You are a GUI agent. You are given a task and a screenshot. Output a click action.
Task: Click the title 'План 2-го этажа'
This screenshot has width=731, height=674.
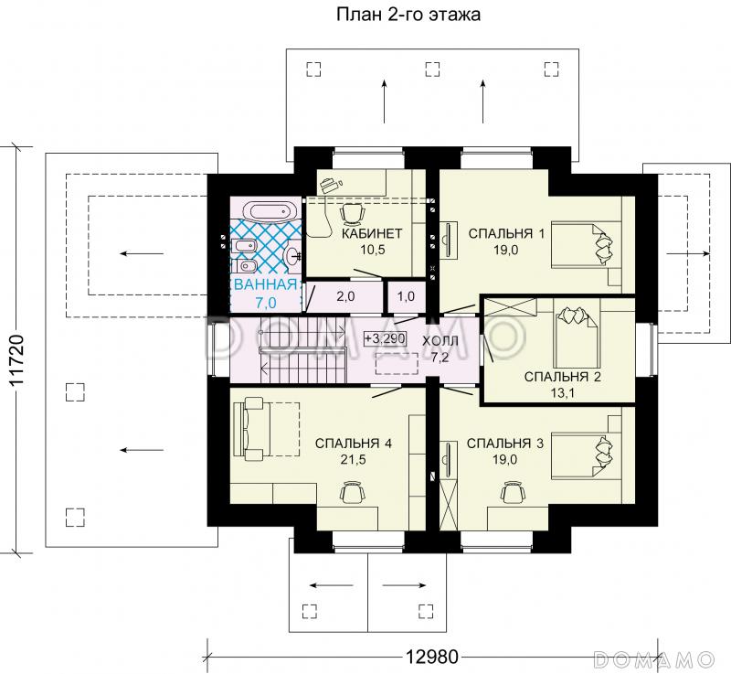(408, 15)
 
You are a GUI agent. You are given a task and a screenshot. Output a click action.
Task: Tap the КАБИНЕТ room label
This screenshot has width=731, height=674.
(372, 233)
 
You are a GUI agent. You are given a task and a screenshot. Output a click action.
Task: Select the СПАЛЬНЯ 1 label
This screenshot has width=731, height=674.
(506, 233)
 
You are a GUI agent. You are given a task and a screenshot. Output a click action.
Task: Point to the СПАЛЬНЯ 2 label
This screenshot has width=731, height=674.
(562, 377)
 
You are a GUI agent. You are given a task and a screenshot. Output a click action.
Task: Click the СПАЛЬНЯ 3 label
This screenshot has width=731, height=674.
(505, 444)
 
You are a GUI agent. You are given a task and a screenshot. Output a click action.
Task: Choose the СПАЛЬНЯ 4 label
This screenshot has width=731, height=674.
(354, 444)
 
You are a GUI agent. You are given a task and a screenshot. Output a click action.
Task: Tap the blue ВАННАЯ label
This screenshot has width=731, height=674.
(266, 284)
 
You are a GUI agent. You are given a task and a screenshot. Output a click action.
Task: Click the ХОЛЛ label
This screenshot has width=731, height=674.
(440, 340)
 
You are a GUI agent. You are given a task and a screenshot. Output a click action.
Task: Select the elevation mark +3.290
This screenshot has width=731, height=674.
(385, 338)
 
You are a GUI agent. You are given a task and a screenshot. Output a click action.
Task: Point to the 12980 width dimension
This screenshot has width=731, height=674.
(431, 657)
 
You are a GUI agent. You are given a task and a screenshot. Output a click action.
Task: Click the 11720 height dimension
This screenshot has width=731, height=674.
(17, 360)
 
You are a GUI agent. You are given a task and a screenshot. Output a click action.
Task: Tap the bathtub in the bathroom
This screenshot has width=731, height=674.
(272, 212)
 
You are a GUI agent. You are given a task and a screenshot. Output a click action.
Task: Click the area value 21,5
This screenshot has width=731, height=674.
(353, 460)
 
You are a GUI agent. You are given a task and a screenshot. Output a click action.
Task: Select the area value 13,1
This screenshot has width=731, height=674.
(562, 393)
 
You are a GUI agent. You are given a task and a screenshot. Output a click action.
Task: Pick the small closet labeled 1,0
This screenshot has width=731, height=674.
(406, 296)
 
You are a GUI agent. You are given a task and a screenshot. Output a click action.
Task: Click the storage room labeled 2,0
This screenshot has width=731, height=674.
(345, 296)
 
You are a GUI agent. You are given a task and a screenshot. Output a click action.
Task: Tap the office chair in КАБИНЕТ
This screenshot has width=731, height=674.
(352, 214)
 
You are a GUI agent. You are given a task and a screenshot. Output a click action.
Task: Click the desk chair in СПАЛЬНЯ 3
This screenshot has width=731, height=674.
(513, 493)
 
